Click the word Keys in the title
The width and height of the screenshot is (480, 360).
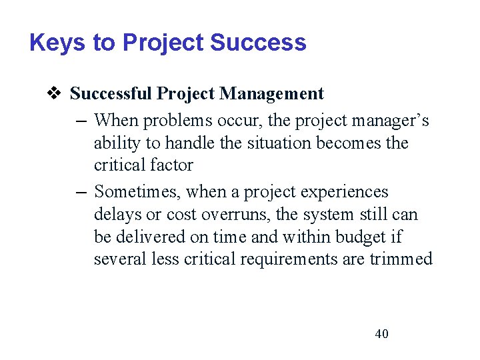57,43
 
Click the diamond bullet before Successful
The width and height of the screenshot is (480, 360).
56,94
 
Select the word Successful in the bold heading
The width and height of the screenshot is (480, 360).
111,94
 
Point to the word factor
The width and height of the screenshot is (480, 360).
173,165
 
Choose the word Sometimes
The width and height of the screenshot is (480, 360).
137,192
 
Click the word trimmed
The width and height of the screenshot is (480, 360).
404,259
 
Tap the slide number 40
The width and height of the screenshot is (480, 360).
381,334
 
